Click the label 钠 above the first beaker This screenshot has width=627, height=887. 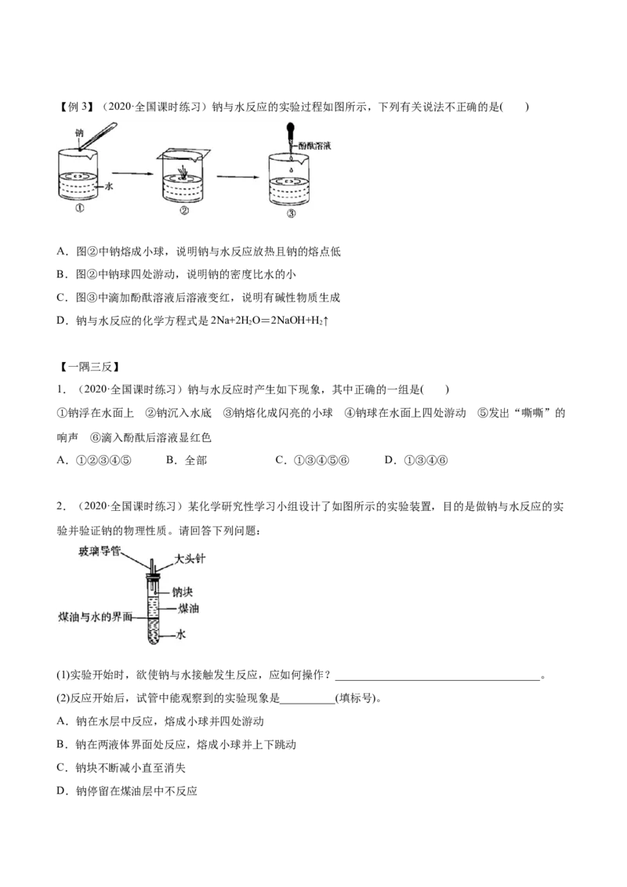coord(78,133)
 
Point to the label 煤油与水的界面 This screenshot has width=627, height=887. coord(96,617)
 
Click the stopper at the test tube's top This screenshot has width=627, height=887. coord(151,577)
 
